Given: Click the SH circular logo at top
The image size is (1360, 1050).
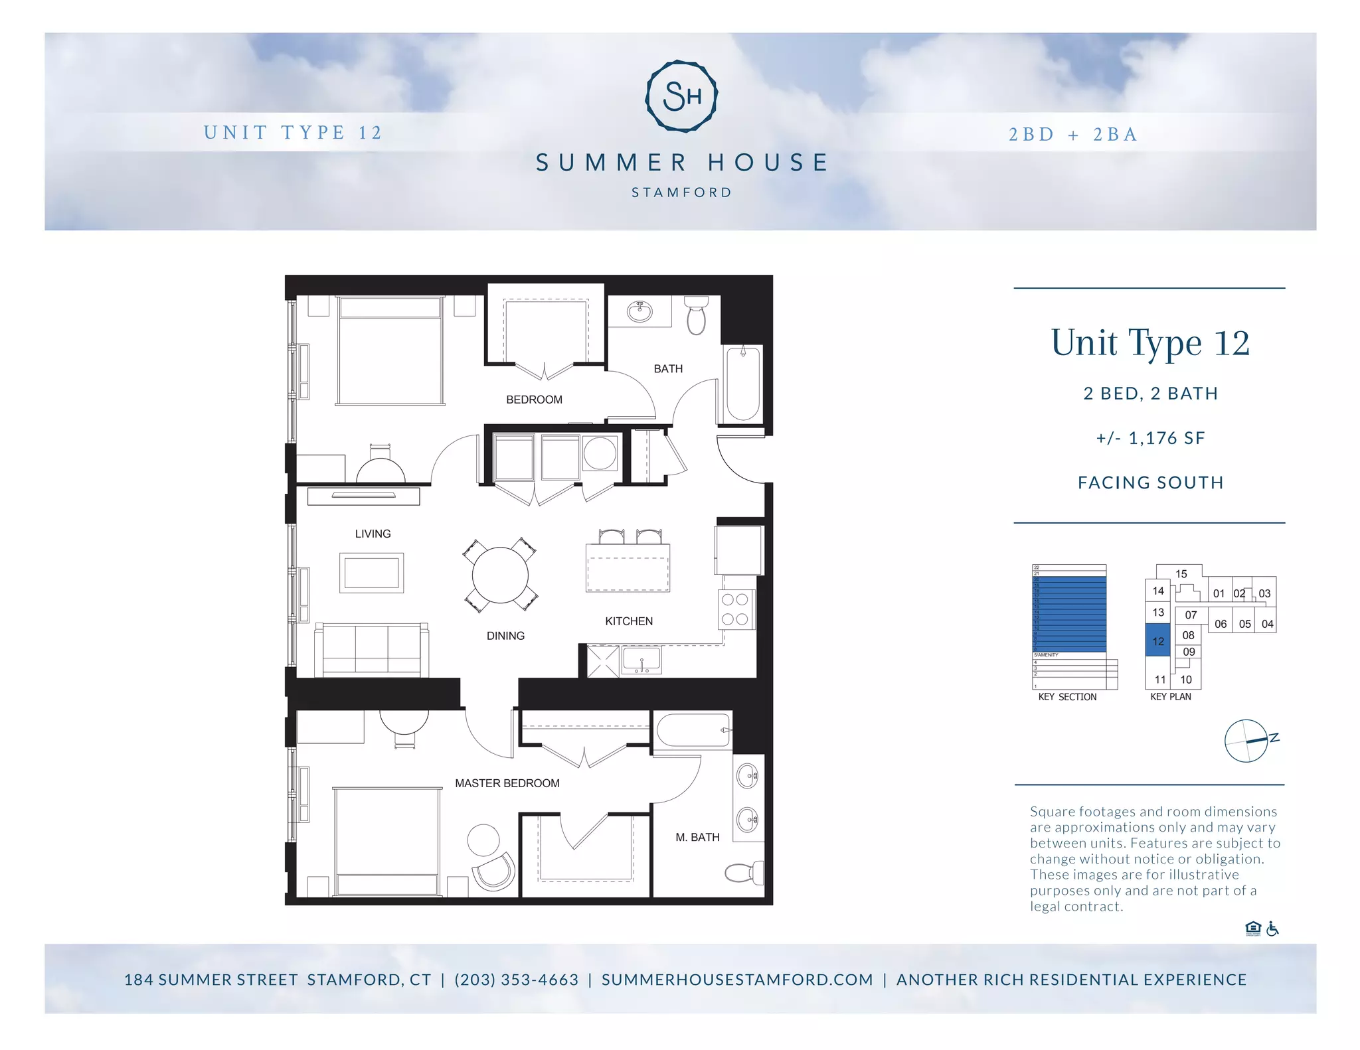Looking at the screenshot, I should click(681, 96).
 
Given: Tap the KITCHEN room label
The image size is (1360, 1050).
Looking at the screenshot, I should click(628, 621).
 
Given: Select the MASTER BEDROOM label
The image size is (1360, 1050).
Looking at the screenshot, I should click(507, 783).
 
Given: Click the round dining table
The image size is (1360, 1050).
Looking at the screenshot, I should click(500, 575).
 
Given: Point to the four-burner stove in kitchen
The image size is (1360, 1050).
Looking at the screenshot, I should click(735, 609).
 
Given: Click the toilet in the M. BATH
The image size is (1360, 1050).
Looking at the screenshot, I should click(744, 871).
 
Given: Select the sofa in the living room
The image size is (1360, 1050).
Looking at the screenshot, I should click(371, 650).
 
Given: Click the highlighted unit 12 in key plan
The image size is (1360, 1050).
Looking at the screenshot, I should click(1157, 640).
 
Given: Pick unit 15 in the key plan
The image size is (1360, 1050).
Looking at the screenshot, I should click(1181, 574).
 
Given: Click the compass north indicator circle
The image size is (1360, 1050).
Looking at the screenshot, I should click(1246, 741).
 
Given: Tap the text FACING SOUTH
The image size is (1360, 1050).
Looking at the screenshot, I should click(1150, 483).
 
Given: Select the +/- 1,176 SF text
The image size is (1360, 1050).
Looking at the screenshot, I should click(1150, 438).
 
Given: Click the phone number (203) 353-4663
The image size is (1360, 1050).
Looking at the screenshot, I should click(516, 980).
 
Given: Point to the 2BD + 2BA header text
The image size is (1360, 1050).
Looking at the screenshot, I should click(1073, 135).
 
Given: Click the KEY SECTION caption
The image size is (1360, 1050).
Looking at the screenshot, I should click(1067, 697).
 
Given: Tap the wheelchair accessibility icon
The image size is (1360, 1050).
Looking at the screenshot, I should click(1272, 929).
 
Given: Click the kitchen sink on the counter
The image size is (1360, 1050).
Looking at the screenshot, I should click(641, 660).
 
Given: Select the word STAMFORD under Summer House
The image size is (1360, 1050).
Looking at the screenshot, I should click(681, 192).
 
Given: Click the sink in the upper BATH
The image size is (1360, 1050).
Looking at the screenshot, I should click(640, 311).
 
